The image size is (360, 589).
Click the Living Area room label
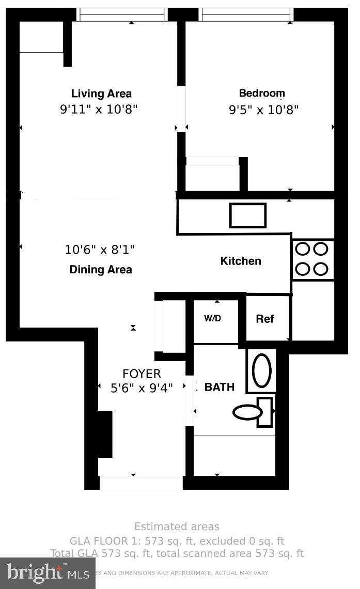tap(101, 94)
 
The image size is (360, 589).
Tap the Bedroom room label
tap(262, 94)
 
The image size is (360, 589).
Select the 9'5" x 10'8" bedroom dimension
tap(264, 110)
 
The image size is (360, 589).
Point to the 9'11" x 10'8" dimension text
tap(99, 110)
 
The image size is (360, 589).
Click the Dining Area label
tap(101, 270)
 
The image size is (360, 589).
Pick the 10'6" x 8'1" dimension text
tap(100, 250)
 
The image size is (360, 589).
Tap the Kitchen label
tap(241, 261)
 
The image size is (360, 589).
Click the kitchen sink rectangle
tap(248, 215)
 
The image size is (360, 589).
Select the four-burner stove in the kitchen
tap(312, 259)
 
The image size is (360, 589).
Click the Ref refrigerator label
tap(265, 319)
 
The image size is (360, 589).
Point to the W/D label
tap(212, 318)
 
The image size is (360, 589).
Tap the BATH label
tap(220, 387)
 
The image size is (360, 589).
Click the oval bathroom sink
tap(261, 370)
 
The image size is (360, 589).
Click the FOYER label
tap(142, 374)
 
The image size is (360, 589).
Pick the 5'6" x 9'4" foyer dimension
tap(142, 388)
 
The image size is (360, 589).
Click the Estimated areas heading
tap(177, 527)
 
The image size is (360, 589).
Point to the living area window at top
tap(122, 14)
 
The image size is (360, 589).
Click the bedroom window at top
tap(246, 14)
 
